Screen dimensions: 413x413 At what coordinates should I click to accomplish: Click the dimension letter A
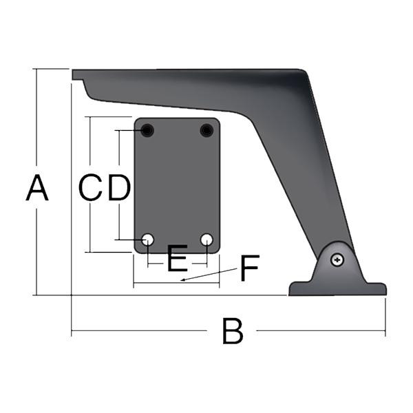(37, 189)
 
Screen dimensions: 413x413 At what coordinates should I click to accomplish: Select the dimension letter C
(90, 188)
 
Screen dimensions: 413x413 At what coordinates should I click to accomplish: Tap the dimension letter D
(118, 188)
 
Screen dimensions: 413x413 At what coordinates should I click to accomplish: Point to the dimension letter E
(177, 260)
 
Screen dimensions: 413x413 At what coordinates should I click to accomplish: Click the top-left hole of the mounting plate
(148, 130)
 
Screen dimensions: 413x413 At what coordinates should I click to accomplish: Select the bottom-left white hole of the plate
(148, 240)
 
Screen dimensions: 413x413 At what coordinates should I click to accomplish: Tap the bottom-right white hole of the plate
(206, 240)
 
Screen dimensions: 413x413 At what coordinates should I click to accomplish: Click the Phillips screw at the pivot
(337, 260)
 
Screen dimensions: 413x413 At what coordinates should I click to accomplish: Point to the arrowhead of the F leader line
(182, 281)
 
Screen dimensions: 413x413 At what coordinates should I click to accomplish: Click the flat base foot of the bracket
(337, 289)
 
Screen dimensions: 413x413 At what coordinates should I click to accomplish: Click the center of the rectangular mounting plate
(177, 185)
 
